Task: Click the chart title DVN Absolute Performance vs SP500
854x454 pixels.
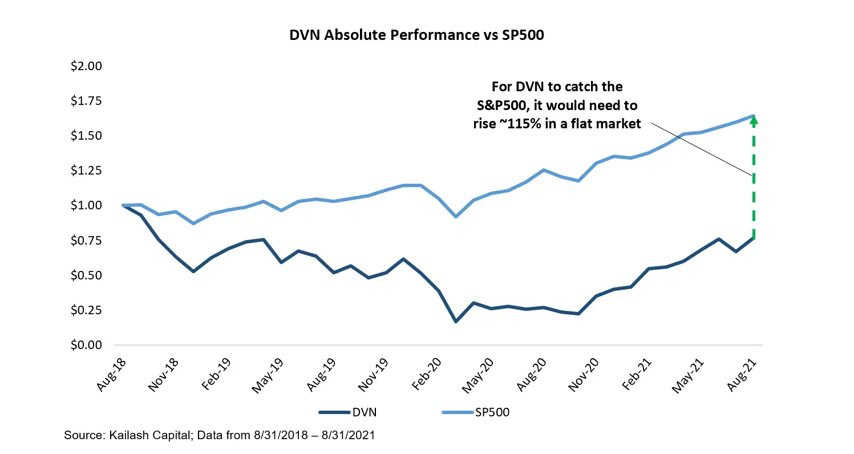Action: pyautogui.click(x=416, y=35)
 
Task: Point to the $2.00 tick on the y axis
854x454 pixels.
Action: pyautogui.click(x=86, y=66)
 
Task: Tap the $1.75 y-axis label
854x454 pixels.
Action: pyautogui.click(x=86, y=101)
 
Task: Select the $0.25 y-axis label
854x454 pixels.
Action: pyautogui.click(x=86, y=310)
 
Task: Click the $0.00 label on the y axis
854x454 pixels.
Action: pyautogui.click(x=86, y=345)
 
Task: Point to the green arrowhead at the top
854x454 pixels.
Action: pyautogui.click(x=753, y=119)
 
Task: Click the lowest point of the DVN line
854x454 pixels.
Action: pyautogui.click(x=456, y=322)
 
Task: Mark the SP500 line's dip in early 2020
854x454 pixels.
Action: pyautogui.click(x=456, y=216)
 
